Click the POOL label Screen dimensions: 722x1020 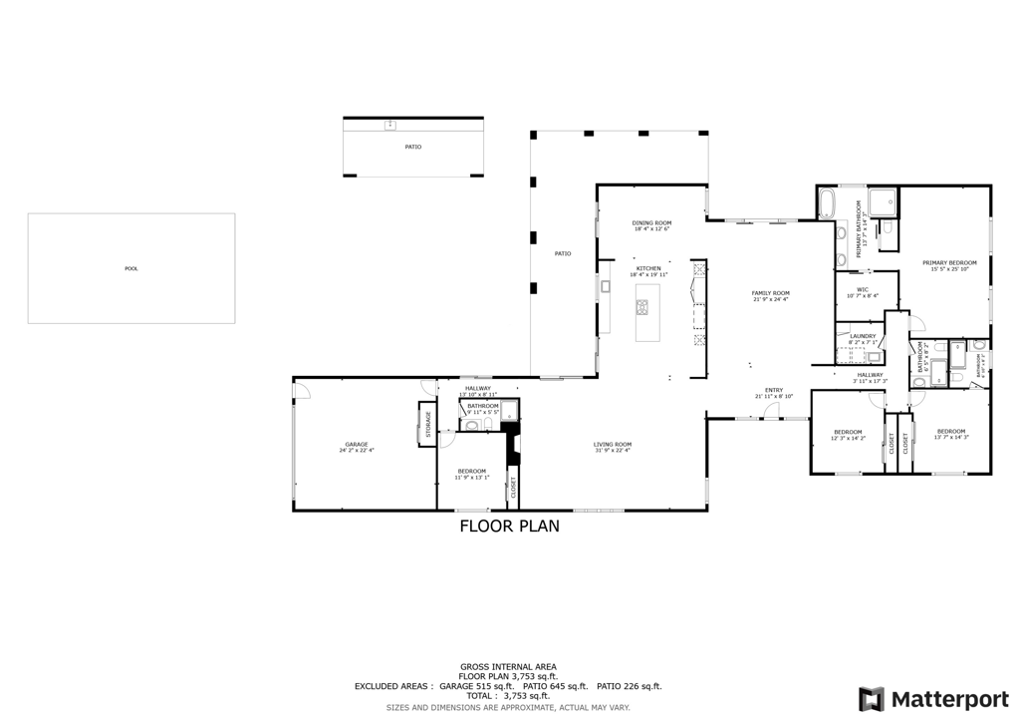131,268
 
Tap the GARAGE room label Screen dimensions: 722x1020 357,444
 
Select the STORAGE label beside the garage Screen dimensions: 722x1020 429,424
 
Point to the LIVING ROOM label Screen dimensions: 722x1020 613,444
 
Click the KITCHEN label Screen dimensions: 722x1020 648,267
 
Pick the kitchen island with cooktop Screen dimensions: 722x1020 647,312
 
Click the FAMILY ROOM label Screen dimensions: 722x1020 770,293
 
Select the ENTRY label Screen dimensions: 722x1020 774,390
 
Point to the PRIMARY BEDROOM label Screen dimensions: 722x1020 948,262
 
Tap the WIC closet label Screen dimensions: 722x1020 863,289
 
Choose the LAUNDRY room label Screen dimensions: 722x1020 863,336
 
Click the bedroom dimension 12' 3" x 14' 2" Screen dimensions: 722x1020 849,438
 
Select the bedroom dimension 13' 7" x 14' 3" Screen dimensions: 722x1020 951,437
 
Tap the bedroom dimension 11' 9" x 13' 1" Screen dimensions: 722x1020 472,477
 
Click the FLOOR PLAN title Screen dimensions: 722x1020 509,526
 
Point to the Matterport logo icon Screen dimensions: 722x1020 871,698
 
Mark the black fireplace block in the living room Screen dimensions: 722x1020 512,445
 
